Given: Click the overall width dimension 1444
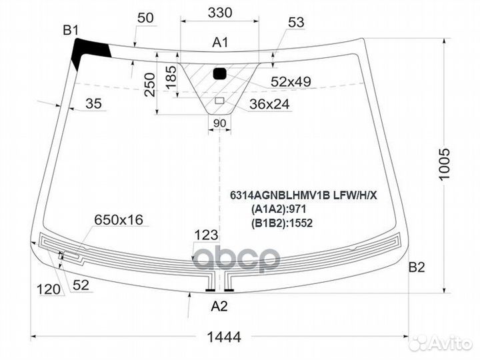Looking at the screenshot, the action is tap(224, 337).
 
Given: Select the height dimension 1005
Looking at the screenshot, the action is tap(444, 165).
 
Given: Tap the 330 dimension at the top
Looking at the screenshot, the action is tap(220, 13).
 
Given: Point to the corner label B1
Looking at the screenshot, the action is tap(71, 30).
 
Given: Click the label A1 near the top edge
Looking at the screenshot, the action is tap(220, 42).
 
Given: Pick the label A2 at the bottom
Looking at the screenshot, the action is tap(219, 306).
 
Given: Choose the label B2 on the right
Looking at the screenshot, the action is tap(417, 267).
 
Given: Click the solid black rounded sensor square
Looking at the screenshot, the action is tap(220, 74).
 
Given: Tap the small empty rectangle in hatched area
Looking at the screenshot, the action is tap(219, 101).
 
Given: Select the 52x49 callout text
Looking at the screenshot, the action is tap(291, 81).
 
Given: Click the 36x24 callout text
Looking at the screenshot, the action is tap(269, 104).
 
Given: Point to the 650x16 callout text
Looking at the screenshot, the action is tap(119, 219).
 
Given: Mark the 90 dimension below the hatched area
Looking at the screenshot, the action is tap(219, 123).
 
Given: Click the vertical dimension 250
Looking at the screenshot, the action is tap(150, 85).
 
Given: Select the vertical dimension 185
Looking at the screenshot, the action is tap(171, 77).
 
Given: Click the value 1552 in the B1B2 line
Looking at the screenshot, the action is tap(301, 223).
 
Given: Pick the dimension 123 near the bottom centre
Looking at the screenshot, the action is tap(206, 235).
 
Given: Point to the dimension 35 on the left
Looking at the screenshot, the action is tap(93, 103).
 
